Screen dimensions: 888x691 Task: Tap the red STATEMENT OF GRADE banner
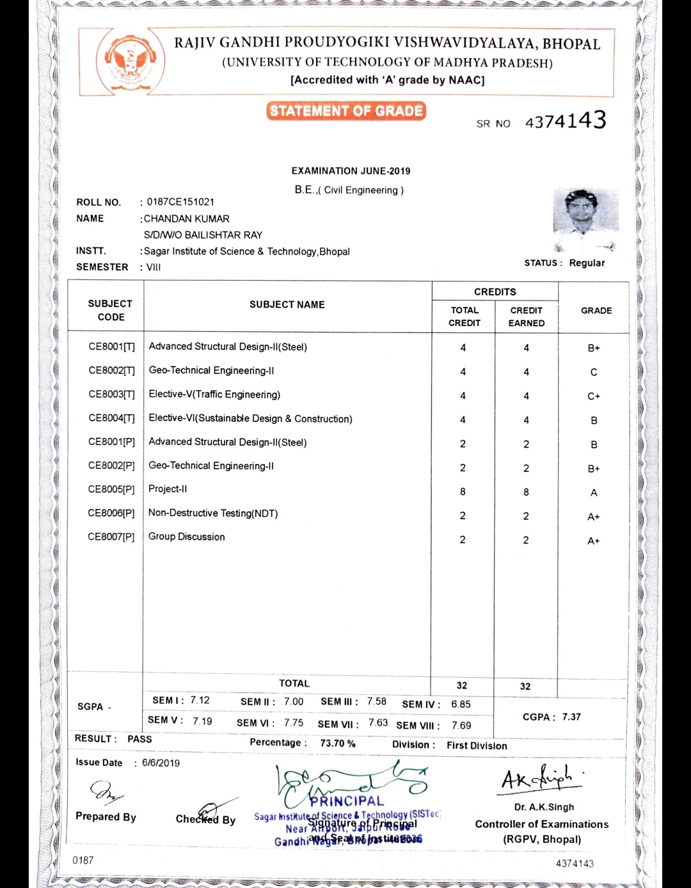coord(346,111)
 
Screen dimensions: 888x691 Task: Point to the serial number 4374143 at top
coord(565,121)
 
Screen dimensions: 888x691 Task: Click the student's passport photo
coord(585,219)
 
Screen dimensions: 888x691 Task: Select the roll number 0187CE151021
coord(180,202)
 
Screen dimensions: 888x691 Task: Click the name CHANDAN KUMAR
coord(187,219)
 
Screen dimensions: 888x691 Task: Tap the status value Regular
coord(587,263)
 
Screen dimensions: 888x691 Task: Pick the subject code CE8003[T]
coord(112,394)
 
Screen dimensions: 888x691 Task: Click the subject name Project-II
coord(168,489)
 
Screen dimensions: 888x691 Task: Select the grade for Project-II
coord(594,493)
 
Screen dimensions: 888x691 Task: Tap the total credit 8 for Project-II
coord(463,492)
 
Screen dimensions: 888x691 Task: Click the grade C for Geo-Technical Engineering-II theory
coord(594,373)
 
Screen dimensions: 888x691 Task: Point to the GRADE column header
coord(596,311)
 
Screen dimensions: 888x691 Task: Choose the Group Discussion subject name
coord(187,537)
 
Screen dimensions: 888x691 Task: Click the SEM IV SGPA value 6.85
coord(461,705)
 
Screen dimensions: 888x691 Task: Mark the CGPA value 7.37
coord(571,717)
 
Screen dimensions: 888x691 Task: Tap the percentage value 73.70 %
coord(338,744)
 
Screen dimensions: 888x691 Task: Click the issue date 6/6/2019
coord(161,763)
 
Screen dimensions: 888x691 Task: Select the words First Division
coord(477,745)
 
